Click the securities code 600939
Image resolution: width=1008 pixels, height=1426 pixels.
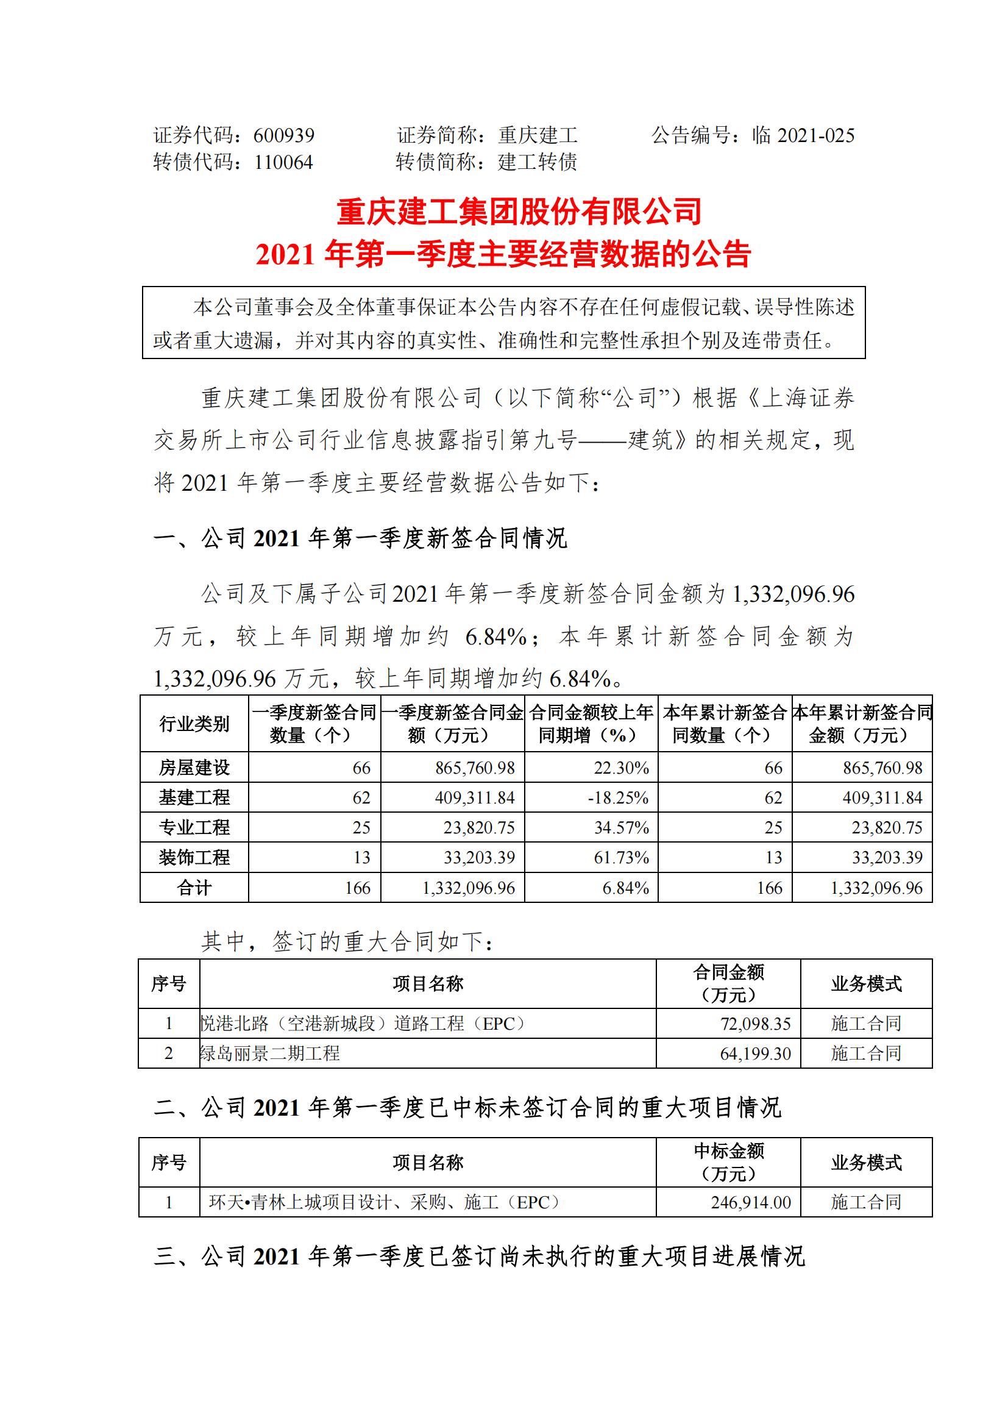click(x=283, y=135)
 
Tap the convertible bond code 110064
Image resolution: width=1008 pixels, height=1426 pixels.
click(x=283, y=163)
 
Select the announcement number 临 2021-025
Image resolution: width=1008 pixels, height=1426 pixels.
click(x=803, y=135)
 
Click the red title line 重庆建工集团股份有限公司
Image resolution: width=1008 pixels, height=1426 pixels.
click(x=519, y=212)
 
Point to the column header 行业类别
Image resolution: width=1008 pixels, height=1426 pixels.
click(x=194, y=724)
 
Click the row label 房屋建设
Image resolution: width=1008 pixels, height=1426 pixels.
click(x=194, y=768)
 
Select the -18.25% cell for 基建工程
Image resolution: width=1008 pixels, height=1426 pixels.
click(x=618, y=797)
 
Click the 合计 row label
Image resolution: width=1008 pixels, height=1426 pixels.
click(x=194, y=888)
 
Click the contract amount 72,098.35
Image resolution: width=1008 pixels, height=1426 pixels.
click(x=755, y=1024)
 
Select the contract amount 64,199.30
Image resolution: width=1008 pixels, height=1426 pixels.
click(x=755, y=1053)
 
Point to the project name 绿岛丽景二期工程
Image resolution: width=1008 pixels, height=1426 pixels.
click(x=270, y=1053)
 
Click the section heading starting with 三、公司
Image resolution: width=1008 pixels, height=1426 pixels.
click(x=478, y=1257)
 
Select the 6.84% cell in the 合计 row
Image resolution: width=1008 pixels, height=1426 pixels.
click(x=626, y=888)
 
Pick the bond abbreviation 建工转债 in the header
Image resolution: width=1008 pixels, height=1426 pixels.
click(x=538, y=163)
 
